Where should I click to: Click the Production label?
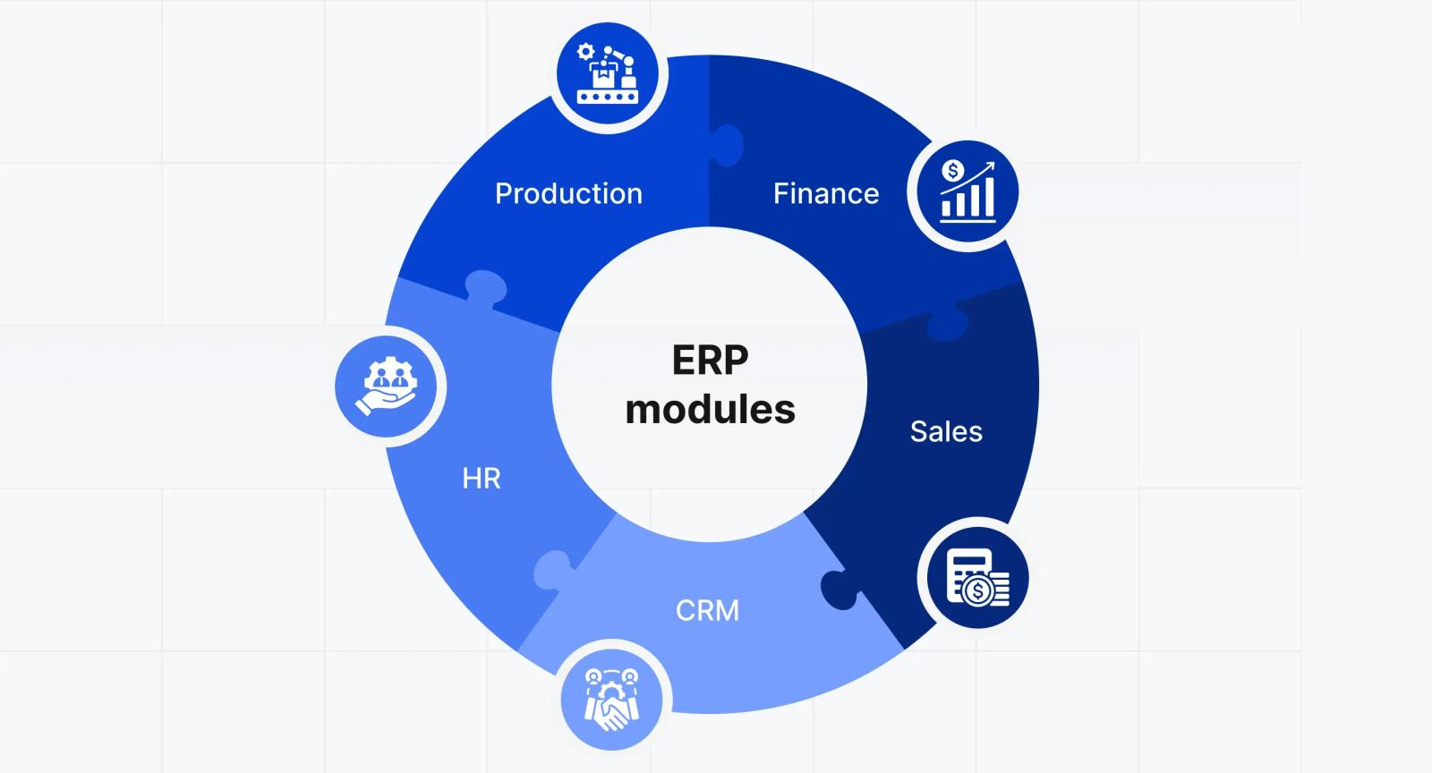[568, 193]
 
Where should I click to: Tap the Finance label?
[826, 193]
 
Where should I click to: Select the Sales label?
[946, 431]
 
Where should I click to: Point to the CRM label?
[707, 611]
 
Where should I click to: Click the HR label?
[482, 479]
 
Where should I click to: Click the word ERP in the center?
[711, 361]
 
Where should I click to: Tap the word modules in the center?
[711, 410]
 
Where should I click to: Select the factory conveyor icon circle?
[608, 74]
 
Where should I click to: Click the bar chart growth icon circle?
[967, 192]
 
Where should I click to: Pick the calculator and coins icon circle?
[978, 578]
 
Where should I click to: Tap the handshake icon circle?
[612, 700]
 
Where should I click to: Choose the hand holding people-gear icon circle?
[386, 386]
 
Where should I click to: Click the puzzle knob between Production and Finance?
[728, 146]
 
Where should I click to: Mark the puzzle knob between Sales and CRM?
[840, 590]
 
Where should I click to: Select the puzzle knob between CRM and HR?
[554, 569]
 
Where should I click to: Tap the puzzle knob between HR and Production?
[486, 289]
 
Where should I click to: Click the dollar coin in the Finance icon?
[952, 171]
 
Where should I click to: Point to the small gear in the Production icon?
[585, 52]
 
